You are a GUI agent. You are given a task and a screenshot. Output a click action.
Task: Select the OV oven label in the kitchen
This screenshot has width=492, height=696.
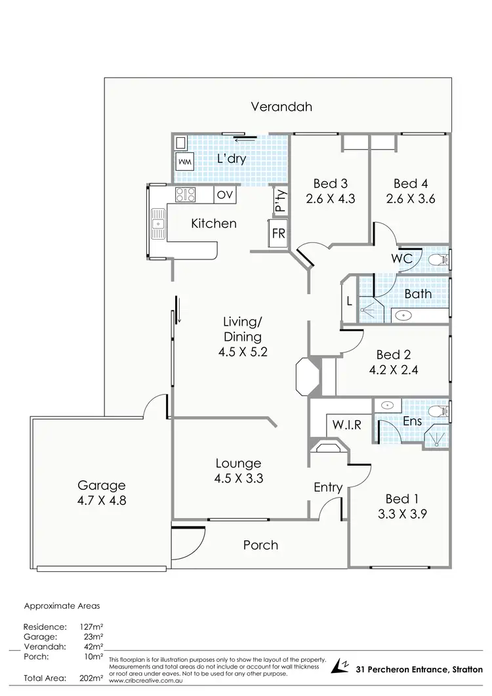tap(224, 194)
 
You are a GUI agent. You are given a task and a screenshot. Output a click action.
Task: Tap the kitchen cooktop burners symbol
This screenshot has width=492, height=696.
tap(184, 194)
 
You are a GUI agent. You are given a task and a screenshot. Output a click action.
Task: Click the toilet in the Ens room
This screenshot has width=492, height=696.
tap(436, 412)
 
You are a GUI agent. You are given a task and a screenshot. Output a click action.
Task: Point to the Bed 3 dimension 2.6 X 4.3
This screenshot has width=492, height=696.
tap(331, 198)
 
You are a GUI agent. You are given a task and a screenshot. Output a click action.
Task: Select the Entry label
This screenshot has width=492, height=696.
tap(328, 487)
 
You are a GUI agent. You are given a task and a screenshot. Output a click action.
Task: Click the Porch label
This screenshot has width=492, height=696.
tap(260, 545)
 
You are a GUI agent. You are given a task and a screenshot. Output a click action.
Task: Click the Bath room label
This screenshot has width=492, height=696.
tap(418, 294)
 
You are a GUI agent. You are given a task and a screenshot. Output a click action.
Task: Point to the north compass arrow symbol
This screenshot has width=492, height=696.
tap(340, 666)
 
